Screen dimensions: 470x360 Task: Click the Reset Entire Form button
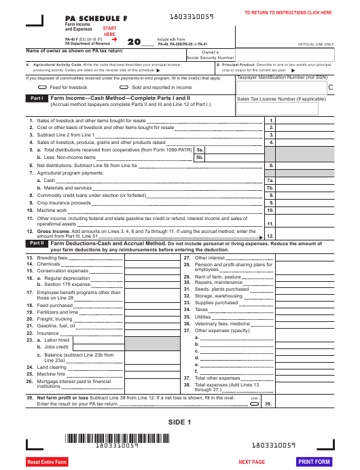point(47,462)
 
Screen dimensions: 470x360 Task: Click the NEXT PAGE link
point(252,462)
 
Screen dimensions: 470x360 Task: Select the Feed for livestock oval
point(43,88)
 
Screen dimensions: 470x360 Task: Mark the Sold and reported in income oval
point(125,88)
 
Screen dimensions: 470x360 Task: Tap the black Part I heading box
point(36,98)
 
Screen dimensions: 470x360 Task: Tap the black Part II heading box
point(36,242)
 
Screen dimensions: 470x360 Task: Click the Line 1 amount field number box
point(271,120)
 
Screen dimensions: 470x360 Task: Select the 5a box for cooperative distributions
point(200,150)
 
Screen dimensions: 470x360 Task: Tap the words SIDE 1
point(180,422)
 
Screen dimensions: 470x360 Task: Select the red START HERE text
point(109,31)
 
